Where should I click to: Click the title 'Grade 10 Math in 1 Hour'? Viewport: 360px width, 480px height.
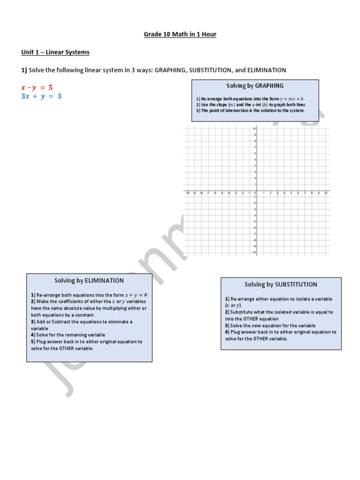point(180,35)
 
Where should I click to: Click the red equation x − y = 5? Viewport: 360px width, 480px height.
point(37,87)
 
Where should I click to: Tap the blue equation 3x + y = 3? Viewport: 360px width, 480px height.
point(41,96)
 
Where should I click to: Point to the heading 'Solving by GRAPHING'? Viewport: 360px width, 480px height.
point(255,86)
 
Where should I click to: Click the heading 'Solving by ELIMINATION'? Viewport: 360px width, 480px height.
point(89,280)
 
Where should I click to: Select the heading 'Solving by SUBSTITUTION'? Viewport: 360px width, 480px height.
point(281,284)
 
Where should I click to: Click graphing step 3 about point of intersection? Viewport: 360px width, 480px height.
point(250,111)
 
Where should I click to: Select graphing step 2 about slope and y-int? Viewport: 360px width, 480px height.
point(251,105)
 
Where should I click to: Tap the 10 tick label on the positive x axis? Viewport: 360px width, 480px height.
point(325,193)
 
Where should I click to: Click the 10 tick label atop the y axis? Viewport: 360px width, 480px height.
point(254,128)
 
